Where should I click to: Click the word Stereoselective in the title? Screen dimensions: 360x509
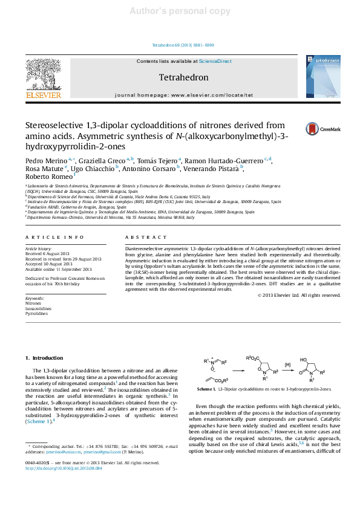55,125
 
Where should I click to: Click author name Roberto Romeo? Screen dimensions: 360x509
48,177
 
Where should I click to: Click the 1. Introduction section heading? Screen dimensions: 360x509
51,358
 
